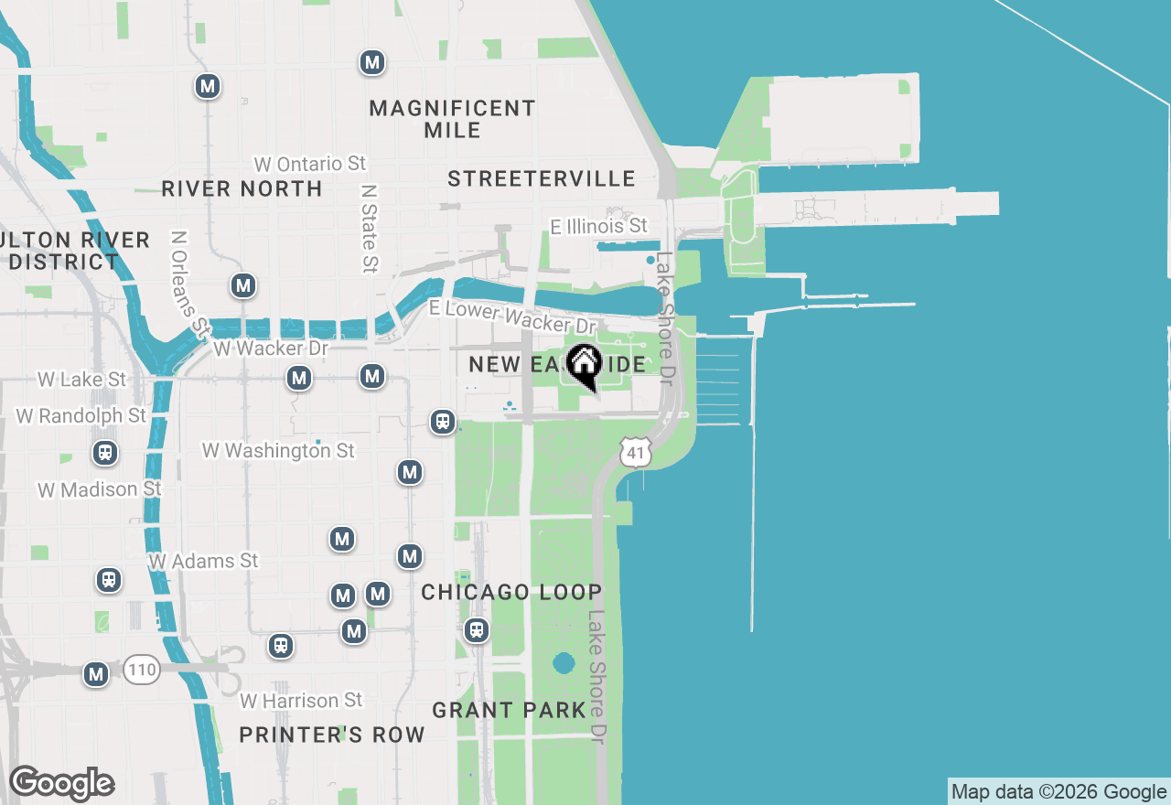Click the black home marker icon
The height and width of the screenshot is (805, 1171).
point(584,365)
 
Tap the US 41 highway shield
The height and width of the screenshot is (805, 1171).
point(635,451)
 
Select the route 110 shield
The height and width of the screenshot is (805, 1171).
point(142,670)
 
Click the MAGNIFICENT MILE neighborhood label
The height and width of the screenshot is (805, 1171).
point(452,119)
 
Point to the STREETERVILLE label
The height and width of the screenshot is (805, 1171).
point(542,178)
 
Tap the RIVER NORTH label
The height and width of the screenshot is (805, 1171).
point(242,188)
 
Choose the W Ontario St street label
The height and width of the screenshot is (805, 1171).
point(310,164)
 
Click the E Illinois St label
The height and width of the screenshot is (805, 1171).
point(598,226)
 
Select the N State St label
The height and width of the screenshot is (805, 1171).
point(369,229)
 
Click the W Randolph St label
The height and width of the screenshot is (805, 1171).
point(81,416)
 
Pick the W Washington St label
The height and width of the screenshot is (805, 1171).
point(278,451)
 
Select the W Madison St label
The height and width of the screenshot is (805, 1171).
point(100,490)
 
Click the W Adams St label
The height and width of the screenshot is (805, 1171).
point(203,561)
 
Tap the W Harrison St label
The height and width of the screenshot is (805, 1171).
point(301,701)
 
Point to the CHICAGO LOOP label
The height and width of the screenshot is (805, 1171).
point(511,592)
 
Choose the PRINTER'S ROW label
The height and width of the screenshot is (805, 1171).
point(332,735)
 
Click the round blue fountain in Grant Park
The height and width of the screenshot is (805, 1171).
point(564,662)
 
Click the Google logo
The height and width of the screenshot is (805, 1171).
point(61,784)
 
